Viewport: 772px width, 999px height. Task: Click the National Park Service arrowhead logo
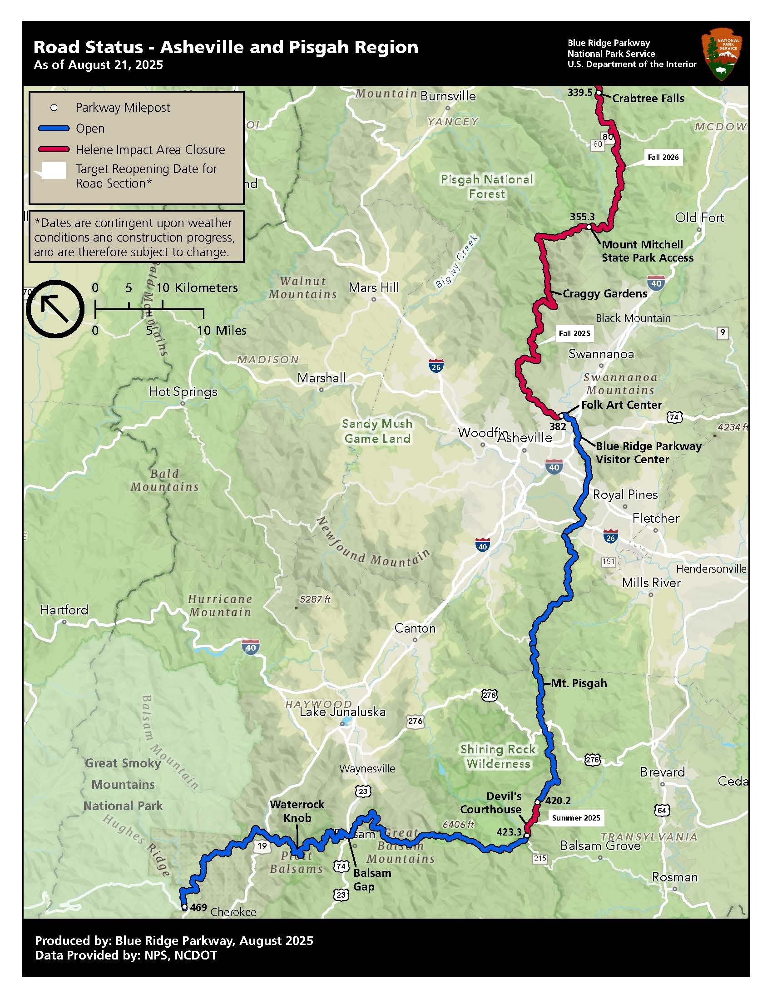tap(721, 54)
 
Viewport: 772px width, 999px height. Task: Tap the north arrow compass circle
tap(55, 309)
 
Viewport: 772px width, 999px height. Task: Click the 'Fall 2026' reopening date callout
tap(663, 158)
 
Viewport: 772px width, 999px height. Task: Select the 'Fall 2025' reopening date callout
tap(574, 333)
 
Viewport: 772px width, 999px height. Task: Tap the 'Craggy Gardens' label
tap(604, 294)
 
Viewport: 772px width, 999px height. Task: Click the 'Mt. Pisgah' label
tap(579, 683)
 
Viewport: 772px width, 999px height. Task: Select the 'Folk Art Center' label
tap(621, 405)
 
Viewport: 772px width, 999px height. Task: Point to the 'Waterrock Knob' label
tap(297, 811)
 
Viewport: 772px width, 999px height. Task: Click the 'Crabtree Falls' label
tap(648, 99)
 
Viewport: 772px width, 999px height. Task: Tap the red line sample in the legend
tap(54, 149)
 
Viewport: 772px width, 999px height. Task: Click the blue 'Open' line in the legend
tap(54, 129)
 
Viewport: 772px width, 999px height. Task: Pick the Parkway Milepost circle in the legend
tap(54, 108)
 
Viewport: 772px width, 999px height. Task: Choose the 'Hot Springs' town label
tap(183, 392)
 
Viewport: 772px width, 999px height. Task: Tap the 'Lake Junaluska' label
tap(342, 712)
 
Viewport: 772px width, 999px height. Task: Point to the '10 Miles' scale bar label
tap(221, 331)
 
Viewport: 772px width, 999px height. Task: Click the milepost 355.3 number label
tap(582, 217)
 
